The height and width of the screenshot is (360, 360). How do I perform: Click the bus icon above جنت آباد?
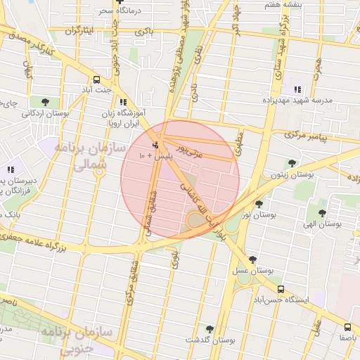coord(96,79)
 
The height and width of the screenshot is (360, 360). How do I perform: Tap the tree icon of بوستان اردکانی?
coord(45,103)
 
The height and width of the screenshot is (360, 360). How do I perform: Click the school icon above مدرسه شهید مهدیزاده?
coord(297,90)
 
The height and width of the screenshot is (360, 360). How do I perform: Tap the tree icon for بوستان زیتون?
coord(292,163)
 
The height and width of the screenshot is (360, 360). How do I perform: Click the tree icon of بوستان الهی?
coord(322,213)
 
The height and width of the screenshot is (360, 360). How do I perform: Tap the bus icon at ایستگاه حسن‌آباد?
coord(281,288)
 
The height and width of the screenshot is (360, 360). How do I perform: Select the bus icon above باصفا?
coord(347,327)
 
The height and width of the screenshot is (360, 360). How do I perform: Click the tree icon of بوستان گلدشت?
coord(210,328)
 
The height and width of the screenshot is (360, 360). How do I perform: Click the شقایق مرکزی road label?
coord(131,284)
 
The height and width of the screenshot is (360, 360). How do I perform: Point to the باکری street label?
coord(143,33)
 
